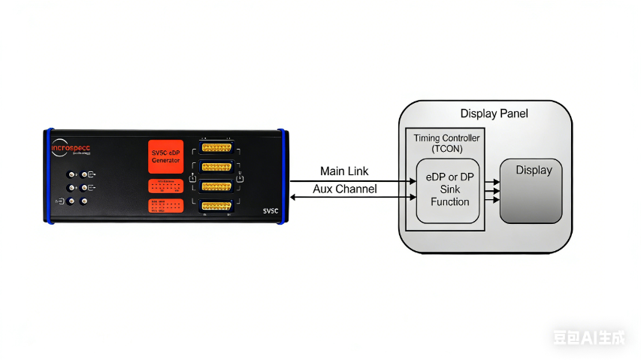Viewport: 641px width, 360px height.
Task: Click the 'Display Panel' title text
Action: (494, 113)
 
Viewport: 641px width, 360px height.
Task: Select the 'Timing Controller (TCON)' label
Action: (446, 144)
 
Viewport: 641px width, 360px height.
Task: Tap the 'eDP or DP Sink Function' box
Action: (449, 191)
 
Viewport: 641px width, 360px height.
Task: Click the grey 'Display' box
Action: (531, 190)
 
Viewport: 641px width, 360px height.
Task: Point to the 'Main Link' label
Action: (344, 172)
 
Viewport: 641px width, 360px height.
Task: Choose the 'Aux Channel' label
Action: (344, 189)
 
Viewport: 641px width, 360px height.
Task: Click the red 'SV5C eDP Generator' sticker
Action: (166, 157)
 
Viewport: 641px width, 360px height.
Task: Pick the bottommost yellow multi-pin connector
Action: (216, 205)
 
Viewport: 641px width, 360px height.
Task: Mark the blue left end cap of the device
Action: (47, 177)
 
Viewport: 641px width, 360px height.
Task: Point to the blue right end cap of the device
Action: (283, 177)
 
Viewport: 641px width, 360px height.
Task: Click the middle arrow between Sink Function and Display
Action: (492, 191)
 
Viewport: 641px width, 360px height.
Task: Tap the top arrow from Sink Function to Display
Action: (492, 182)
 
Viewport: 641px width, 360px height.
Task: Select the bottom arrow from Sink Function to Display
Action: (492, 201)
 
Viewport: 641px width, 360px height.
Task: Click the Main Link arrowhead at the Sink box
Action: (413, 181)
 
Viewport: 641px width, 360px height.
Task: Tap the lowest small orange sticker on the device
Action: (166, 206)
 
